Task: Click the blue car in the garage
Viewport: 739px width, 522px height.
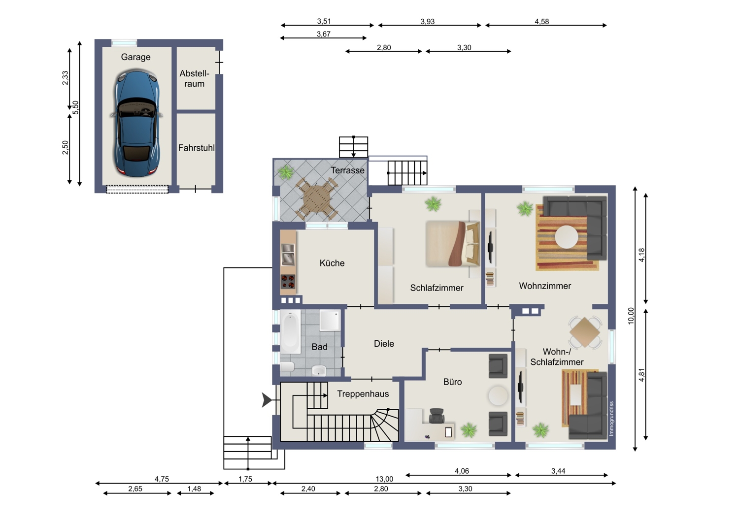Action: (x=136, y=123)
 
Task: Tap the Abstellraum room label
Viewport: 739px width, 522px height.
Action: (x=194, y=78)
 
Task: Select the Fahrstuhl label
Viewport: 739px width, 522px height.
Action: (x=196, y=148)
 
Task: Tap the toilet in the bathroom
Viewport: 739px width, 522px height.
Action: (x=287, y=367)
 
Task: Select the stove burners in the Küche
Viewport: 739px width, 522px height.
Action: (x=288, y=282)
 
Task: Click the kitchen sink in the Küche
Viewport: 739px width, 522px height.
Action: (x=288, y=255)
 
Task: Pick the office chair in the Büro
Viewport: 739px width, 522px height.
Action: (x=437, y=416)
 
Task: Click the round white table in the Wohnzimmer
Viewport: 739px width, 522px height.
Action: (x=567, y=236)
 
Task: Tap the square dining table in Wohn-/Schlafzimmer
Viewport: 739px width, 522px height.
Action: (x=585, y=332)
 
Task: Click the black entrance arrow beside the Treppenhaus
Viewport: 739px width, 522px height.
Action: (x=267, y=400)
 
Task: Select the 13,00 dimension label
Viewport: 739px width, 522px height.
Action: (x=384, y=479)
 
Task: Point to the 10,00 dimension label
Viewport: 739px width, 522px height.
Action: (x=631, y=316)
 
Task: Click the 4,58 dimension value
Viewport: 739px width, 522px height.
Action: (x=542, y=22)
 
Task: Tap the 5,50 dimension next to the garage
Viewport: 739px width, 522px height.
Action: (x=75, y=107)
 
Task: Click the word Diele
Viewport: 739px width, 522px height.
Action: (x=384, y=344)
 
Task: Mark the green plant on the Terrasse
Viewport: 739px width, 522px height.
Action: (x=286, y=172)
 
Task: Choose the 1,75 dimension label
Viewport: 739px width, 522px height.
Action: (x=245, y=479)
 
